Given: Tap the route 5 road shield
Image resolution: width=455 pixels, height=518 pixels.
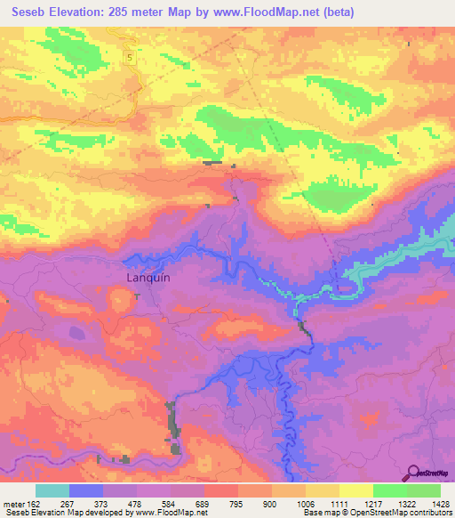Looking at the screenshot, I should click(x=129, y=57).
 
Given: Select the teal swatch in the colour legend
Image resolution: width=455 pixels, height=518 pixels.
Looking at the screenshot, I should click(x=52, y=490).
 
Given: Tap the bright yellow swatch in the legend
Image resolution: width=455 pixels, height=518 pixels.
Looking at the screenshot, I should click(x=356, y=490).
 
